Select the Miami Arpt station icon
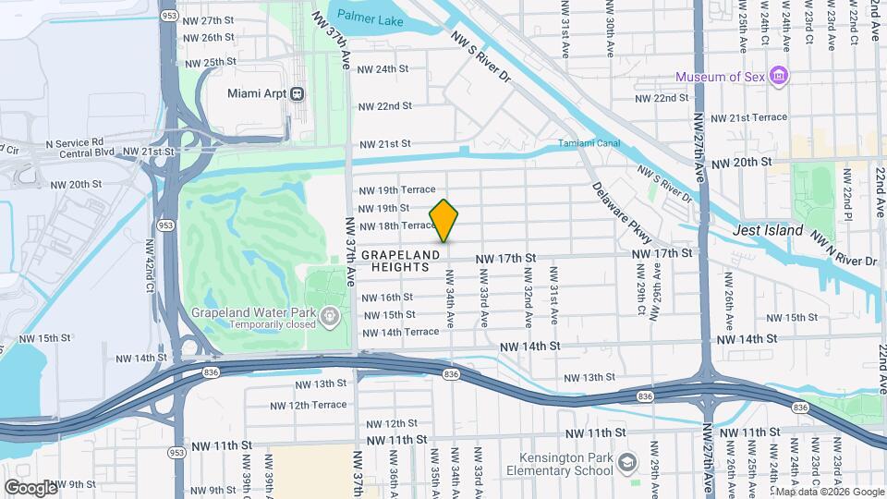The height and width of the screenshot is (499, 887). pyautogui.click(x=298, y=93)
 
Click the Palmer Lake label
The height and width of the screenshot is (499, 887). pyautogui.click(x=365, y=15)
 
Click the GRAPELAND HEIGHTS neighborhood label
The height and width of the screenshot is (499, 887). pyautogui.click(x=395, y=261)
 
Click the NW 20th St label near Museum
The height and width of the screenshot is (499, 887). pyautogui.click(x=740, y=162)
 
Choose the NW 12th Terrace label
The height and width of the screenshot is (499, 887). pyautogui.click(x=309, y=405)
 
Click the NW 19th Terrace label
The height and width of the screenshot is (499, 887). pyautogui.click(x=396, y=189)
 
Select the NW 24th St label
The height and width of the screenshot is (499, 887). pyautogui.click(x=383, y=69)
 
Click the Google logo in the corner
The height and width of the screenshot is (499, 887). pyautogui.click(x=30, y=487)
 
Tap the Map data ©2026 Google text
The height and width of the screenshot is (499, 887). pyautogui.click(x=828, y=492)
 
